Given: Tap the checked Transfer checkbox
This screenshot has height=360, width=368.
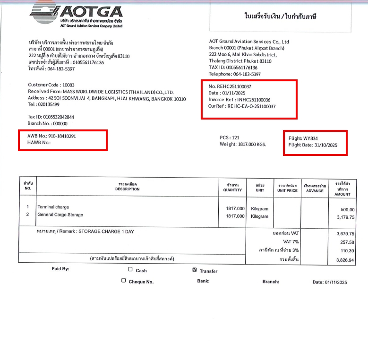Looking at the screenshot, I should pyautogui.click(x=194, y=270).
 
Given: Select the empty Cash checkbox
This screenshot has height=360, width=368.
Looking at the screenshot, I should pyautogui.click(x=130, y=270).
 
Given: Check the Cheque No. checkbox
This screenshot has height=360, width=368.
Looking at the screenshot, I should pyautogui.click(x=124, y=281).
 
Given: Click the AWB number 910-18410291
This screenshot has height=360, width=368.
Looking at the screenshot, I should pyautogui.click(x=59, y=136).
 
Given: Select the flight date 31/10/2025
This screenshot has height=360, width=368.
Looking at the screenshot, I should pyautogui.click(x=326, y=145).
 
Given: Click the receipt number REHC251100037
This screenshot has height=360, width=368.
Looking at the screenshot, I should pyautogui.click(x=234, y=87).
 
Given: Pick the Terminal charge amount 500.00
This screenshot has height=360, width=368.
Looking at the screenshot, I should pyautogui.click(x=347, y=209).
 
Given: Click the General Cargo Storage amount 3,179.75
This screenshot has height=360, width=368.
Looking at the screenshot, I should pyautogui.click(x=344, y=217).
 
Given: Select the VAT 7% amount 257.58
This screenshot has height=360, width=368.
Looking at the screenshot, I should pyautogui.click(x=347, y=242).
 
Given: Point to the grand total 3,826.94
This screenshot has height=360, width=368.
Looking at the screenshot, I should pyautogui.click(x=345, y=260).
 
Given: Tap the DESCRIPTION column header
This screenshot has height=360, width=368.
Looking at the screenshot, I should pyautogui.click(x=128, y=189).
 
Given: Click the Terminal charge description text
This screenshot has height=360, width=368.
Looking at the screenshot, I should pyautogui.click(x=53, y=207).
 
